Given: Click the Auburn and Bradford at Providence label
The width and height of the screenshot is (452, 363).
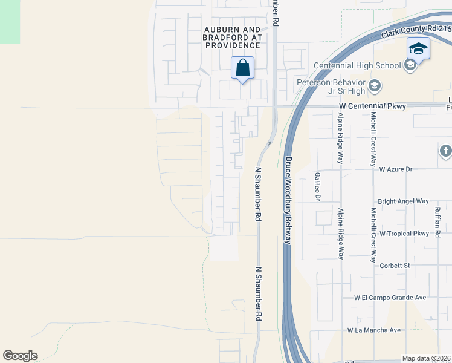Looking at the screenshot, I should click(x=232, y=37).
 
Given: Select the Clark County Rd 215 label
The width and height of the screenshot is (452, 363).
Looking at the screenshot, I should click(x=416, y=31).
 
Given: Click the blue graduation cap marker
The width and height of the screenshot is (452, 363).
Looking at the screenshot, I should click(x=418, y=48).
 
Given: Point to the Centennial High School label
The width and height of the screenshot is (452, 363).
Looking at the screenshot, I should click(x=357, y=65).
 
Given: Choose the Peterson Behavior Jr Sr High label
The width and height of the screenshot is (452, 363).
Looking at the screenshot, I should click(x=331, y=87).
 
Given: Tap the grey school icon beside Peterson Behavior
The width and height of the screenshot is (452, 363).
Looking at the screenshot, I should click(x=375, y=85).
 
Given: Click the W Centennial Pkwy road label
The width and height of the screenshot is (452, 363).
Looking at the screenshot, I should click(x=372, y=106).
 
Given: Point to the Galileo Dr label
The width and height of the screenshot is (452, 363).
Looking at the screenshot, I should click(x=317, y=186).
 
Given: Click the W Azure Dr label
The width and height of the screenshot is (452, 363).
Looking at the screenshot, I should click(x=395, y=169).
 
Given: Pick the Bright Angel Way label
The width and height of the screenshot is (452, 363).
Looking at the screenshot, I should click(x=403, y=201).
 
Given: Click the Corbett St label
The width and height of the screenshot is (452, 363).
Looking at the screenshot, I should click(x=395, y=265).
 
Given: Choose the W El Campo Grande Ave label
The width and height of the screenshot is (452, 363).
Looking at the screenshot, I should click(x=390, y=298).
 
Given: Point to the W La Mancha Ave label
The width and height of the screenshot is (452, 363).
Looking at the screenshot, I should click(x=374, y=330).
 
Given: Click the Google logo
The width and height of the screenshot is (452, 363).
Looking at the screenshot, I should click(x=20, y=356).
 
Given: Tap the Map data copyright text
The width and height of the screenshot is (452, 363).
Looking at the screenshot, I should click(x=427, y=358).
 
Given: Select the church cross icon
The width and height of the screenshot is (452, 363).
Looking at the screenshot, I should click(x=446, y=151).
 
